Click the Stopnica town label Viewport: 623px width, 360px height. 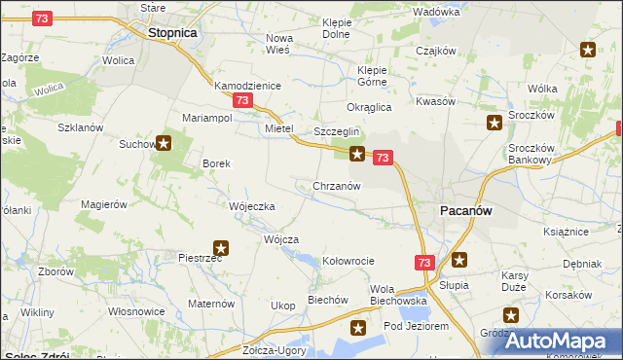pyautogui.click(x=173, y=32)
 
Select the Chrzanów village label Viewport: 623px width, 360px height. pyautogui.click(x=338, y=186)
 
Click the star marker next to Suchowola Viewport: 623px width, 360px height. pyautogui.click(x=164, y=144)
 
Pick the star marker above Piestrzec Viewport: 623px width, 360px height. pyautogui.click(x=221, y=248)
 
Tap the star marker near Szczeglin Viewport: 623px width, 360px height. pyautogui.click(x=358, y=153)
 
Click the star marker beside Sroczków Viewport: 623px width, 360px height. pyautogui.click(x=495, y=123)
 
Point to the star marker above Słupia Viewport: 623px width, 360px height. pyautogui.click(x=459, y=260)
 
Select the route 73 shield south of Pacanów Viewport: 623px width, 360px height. pyautogui.click(x=423, y=263)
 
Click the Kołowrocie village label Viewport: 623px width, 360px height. pyautogui.click(x=348, y=261)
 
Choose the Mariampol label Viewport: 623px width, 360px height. pyautogui.click(x=206, y=118)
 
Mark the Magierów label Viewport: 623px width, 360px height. pyautogui.click(x=105, y=204)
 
